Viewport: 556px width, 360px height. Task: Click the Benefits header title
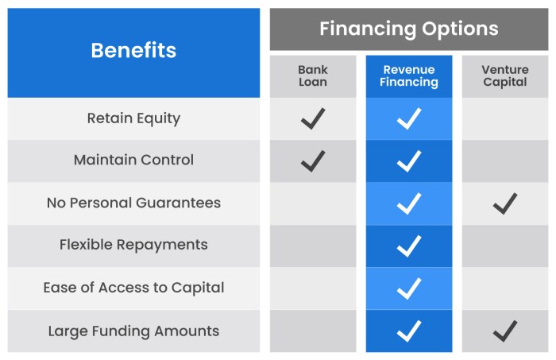(133, 51)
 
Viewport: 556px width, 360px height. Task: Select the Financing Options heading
(408, 29)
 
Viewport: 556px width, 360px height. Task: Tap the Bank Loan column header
(313, 76)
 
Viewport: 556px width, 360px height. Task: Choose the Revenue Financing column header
(409, 76)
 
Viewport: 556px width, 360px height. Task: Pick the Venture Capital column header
(504, 76)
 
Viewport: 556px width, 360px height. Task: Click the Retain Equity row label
(133, 118)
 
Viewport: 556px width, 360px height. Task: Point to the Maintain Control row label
(133, 161)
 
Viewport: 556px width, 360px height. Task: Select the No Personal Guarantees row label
(133, 203)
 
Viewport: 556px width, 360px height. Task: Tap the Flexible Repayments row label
(133, 246)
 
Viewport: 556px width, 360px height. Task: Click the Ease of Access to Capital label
(133, 288)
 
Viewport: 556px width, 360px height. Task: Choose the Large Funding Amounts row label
(133, 331)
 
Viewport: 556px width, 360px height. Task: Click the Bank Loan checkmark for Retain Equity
(313, 119)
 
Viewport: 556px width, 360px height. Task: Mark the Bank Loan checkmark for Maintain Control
(313, 161)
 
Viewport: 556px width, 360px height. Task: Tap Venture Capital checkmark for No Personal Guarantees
(504, 203)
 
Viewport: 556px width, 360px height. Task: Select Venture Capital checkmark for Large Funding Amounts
(504, 331)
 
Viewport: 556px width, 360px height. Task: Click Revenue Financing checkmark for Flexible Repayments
(409, 246)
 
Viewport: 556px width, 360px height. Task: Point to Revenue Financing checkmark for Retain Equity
(409, 119)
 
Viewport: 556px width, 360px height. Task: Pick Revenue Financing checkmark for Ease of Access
(409, 288)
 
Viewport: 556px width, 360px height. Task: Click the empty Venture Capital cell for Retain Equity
(504, 119)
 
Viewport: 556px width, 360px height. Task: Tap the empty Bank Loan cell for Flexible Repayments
(313, 246)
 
